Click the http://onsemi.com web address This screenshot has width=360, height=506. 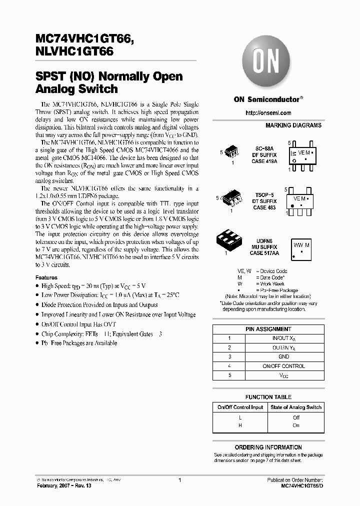pos(268,113)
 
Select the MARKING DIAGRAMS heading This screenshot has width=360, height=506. pos(293,125)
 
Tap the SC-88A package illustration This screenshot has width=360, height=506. pos(232,152)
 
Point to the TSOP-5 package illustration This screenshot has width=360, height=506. pos(233,198)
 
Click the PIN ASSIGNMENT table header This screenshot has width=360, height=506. pos(268,329)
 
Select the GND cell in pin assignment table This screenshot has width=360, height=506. pos(283,357)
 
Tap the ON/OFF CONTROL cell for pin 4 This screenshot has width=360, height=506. pos(283,366)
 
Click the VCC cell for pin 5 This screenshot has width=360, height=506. pos(283,375)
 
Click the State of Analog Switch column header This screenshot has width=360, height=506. pos(296,407)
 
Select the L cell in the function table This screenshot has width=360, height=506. pos(240,417)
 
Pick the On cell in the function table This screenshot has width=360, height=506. pos(296,425)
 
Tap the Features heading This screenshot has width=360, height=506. pos(46,277)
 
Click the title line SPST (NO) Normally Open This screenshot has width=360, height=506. pos(108,76)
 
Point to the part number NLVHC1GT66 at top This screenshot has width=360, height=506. pos(74,50)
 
